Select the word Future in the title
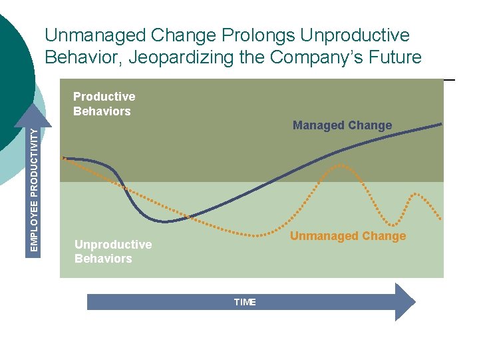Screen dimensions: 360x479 (x=392, y=57)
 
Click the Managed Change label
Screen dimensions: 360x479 (x=342, y=125)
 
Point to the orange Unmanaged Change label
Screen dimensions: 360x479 (x=347, y=236)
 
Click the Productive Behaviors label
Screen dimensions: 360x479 (x=103, y=104)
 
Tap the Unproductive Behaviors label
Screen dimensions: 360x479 (x=112, y=251)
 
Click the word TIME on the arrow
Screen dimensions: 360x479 (x=245, y=302)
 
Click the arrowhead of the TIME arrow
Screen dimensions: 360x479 (x=404, y=302)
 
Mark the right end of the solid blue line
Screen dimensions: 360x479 (x=441, y=123)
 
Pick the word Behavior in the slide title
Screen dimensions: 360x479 (x=82, y=57)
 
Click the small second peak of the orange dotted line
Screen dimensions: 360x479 (x=416, y=193)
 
